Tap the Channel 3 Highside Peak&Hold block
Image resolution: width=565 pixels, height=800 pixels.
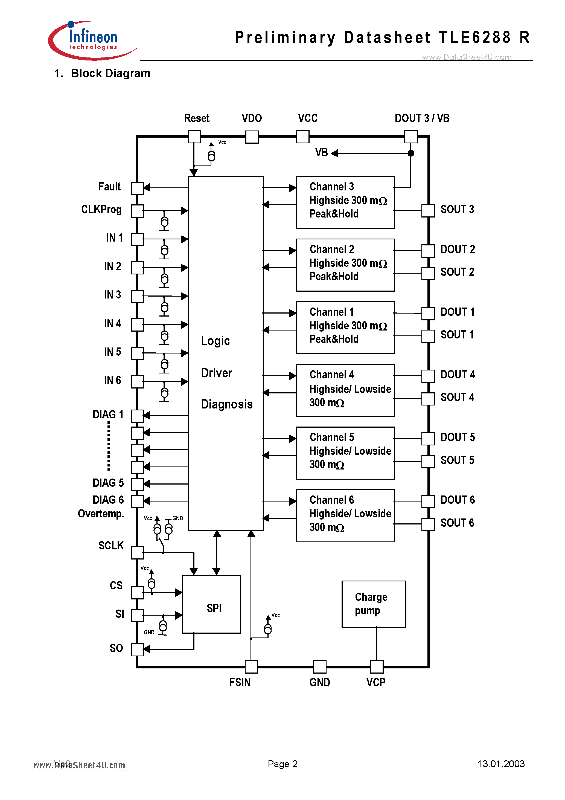345,202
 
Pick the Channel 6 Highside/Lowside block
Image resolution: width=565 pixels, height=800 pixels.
345,515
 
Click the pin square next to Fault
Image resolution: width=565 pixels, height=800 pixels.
137,188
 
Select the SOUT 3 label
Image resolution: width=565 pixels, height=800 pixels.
457,209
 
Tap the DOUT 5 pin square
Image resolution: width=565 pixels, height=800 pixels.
428,438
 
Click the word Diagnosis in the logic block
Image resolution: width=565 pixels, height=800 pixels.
227,404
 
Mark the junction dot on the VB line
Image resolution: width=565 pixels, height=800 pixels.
411,153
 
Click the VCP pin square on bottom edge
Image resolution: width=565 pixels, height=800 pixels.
376,666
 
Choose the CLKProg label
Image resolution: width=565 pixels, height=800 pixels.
101,209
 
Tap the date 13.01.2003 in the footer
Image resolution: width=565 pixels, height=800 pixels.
500,764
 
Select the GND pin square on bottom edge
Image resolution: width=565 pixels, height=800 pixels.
319,666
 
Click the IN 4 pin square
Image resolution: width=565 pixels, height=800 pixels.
137,324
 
